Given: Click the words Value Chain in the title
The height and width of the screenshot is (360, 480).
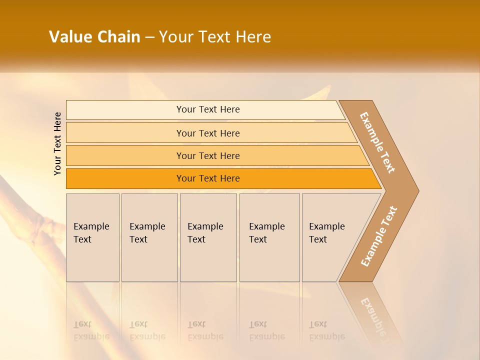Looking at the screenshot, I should pos(94,37).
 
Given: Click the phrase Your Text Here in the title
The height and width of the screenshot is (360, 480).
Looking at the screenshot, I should pos(215,37).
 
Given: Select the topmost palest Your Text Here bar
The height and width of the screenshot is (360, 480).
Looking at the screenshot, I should pos(207,109).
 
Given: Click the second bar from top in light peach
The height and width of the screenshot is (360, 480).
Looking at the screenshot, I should pos(207,133).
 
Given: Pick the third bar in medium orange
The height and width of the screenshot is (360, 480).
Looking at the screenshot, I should pos(207,155).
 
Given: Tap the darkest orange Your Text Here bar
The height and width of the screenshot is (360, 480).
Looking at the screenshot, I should pos(207,178).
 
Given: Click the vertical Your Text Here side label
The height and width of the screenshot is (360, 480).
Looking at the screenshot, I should pos(57,144).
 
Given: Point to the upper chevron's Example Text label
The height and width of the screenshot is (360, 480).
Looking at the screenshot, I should pos(377,142).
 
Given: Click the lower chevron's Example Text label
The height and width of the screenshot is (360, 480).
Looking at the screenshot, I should pos(379,236).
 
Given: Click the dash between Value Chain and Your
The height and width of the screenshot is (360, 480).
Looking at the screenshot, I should pos(149,37).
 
